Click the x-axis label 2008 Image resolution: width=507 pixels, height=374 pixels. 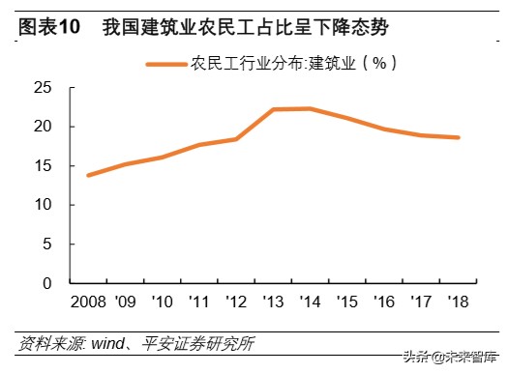[x=89, y=302]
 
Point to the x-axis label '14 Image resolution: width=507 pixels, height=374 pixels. [x=310, y=302]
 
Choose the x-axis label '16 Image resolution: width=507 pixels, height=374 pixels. [x=384, y=302]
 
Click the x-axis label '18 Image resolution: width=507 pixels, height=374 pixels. [x=459, y=302]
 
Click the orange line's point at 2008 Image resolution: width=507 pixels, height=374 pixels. [x=89, y=175]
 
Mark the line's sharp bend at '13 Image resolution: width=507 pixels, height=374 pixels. [x=274, y=109]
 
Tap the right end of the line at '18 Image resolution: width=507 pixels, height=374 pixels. [x=459, y=137]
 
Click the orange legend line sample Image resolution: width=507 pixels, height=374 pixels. [x=165, y=64]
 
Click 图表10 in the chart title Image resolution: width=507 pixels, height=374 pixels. [x=49, y=27]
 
